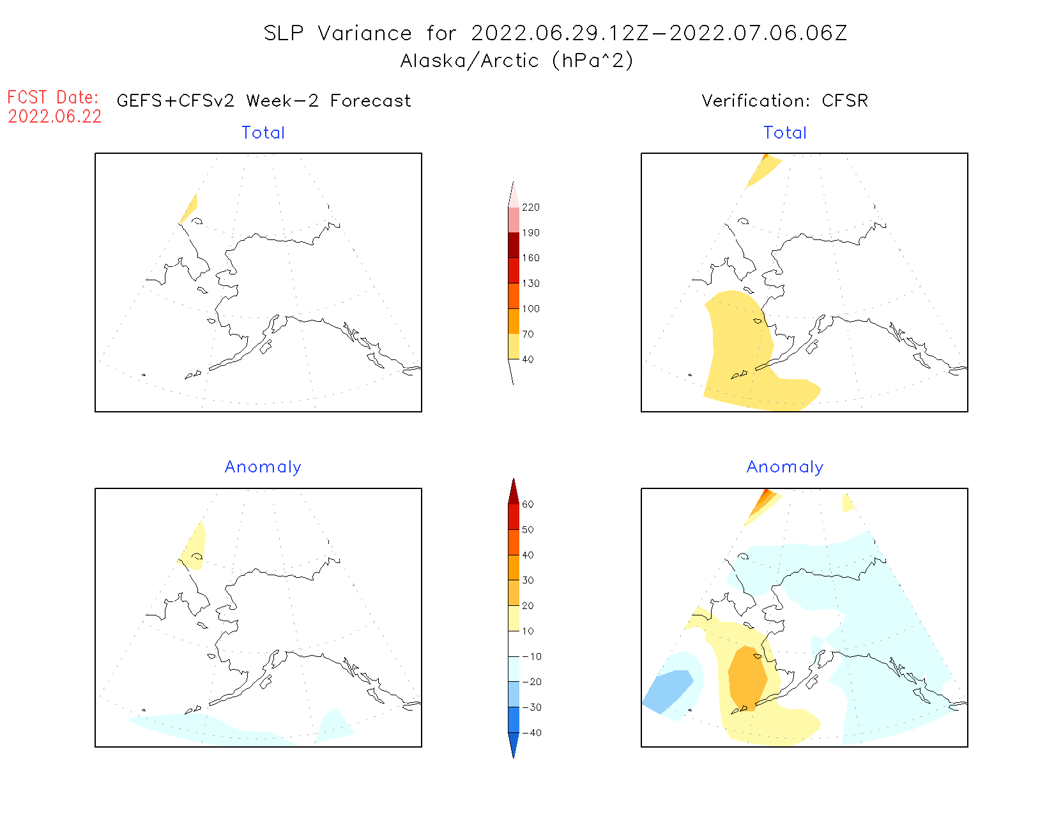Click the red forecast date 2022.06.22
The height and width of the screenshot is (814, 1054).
coord(54,116)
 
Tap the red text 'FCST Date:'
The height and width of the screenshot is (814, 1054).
coord(52,97)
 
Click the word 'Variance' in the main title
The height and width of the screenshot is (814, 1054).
coord(365,33)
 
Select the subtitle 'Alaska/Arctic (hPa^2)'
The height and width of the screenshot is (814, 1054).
coord(516,61)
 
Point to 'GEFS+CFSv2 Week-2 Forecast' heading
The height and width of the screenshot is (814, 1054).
coord(264,101)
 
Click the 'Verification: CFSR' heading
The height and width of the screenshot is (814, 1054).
coord(784,101)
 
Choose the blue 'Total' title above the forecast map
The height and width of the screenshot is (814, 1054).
coord(263,133)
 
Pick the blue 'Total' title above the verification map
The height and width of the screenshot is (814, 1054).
coord(785,133)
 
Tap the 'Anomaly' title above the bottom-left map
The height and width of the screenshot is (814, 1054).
coord(263,467)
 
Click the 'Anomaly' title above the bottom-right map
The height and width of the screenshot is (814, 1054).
coord(785,467)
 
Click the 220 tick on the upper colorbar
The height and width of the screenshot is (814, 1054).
coord(530,207)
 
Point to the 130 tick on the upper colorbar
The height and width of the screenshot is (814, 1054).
coord(530,283)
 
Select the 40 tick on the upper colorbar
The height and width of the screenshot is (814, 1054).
coord(528,359)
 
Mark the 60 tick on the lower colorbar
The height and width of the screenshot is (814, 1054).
coord(528,504)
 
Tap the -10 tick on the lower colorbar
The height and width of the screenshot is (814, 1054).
coord(531,656)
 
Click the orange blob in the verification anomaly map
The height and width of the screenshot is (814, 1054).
coord(747,678)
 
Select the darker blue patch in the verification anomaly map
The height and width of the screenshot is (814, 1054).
coord(668,690)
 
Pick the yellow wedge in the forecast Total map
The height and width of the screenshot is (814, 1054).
coord(189,209)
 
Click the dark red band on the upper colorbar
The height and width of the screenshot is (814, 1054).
coord(514,245)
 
